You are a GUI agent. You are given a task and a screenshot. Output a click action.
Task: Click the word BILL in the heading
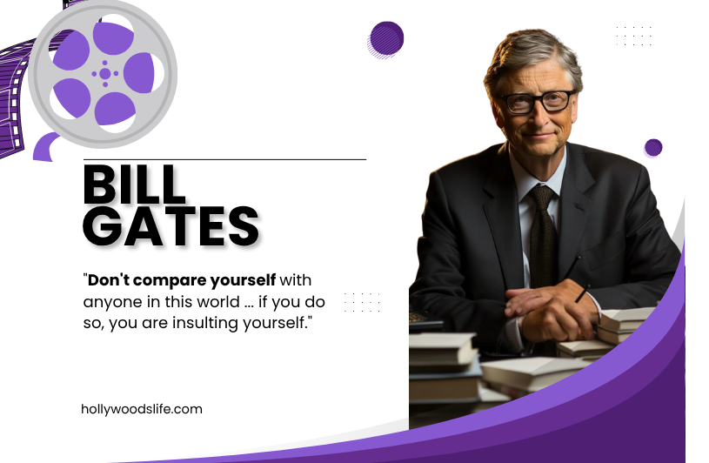click(134, 185)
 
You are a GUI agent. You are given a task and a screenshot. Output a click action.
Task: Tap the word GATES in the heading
click(171, 225)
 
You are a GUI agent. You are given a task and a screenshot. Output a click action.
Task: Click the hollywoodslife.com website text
click(142, 409)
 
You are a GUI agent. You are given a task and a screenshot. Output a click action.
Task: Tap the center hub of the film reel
click(105, 73)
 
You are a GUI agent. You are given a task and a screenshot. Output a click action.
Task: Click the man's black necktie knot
click(542, 193)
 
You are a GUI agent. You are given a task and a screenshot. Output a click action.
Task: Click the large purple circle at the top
click(386, 38)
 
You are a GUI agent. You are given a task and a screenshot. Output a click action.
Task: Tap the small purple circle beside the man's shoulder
click(653, 147)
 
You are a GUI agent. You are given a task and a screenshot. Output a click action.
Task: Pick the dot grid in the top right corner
click(633, 36)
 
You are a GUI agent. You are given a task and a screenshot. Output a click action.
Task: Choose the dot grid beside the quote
click(362, 302)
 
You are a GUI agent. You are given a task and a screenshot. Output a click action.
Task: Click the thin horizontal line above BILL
click(224, 159)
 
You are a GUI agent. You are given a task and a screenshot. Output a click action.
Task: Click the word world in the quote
click(218, 302)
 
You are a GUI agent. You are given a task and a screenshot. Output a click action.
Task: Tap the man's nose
click(538, 117)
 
